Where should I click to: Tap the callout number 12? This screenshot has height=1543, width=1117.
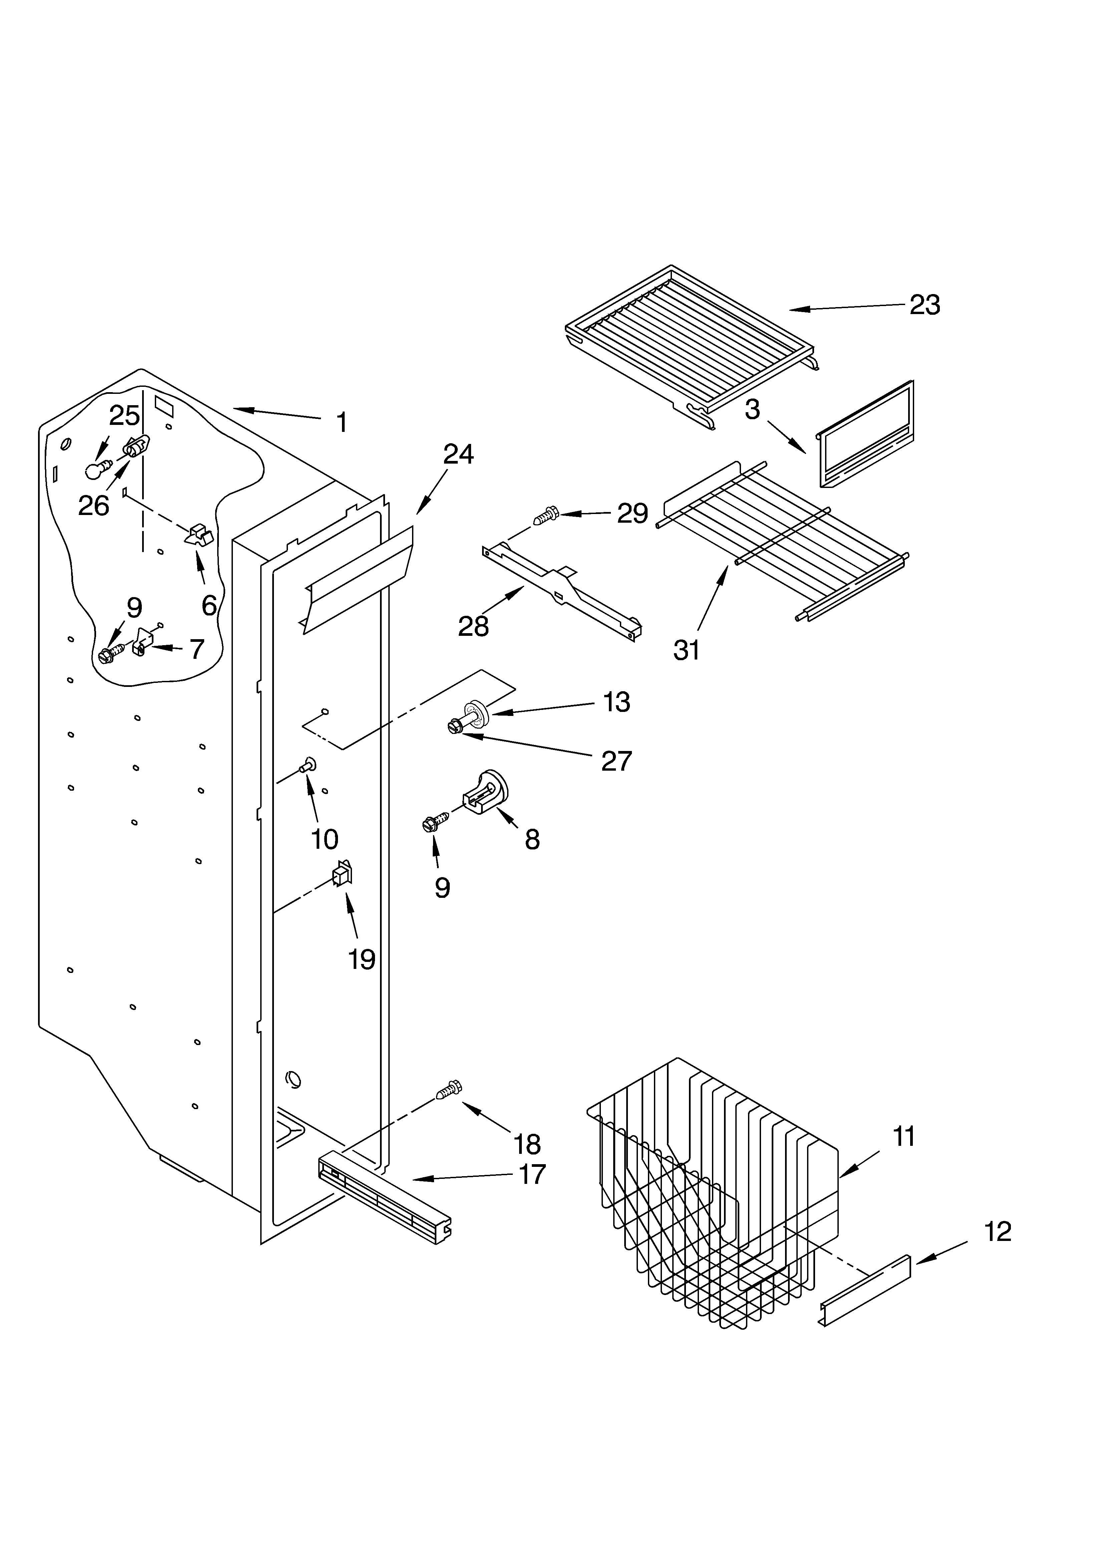coord(997,1231)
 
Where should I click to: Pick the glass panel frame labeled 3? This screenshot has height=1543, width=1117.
coord(865,436)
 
